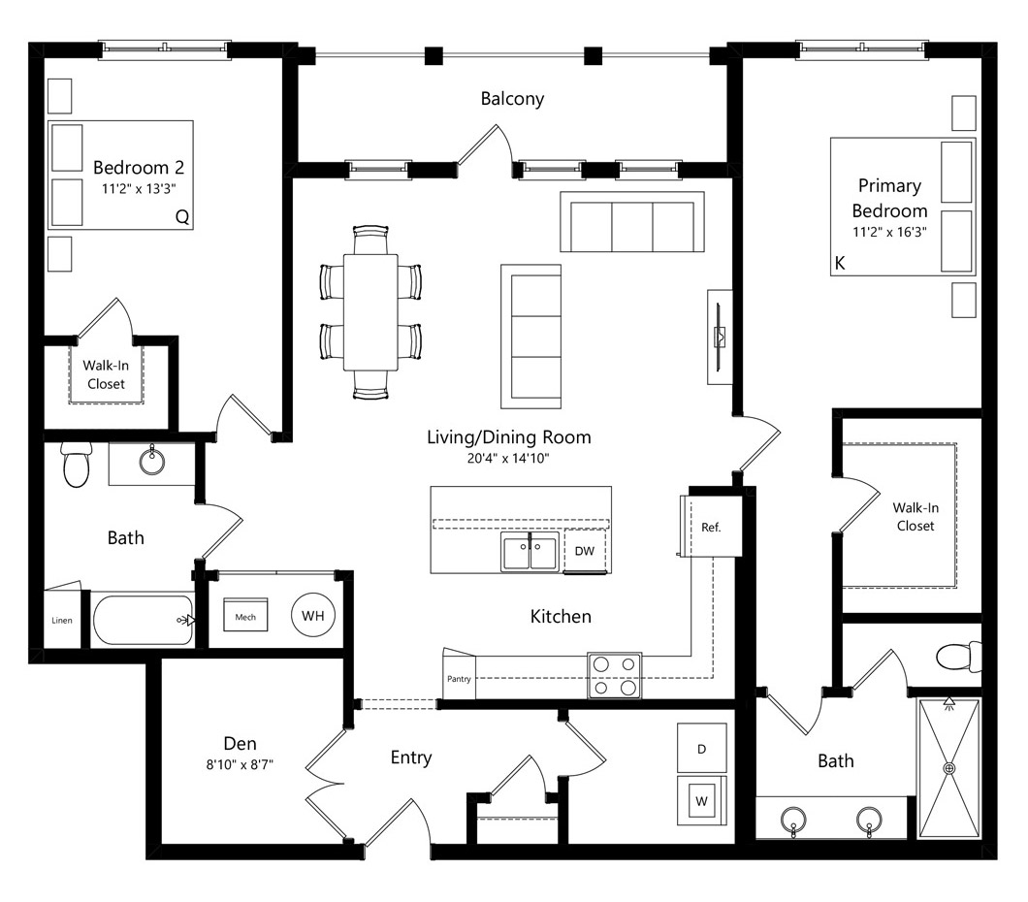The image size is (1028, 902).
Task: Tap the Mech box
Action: click(x=245, y=614)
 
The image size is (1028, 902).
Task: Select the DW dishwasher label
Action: click(x=584, y=551)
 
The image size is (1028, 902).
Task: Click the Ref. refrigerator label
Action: click(x=711, y=527)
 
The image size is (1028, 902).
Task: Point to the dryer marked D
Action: click(x=701, y=748)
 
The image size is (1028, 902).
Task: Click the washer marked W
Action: click(x=701, y=800)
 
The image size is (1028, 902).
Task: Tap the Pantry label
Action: click(x=459, y=679)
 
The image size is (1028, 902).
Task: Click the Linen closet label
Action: click(x=62, y=620)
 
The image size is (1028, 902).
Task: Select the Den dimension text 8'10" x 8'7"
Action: click(x=240, y=764)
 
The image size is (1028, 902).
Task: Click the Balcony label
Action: click(x=512, y=98)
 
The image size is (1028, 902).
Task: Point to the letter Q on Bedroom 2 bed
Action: click(x=182, y=217)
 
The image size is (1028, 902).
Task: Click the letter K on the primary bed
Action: click(x=840, y=263)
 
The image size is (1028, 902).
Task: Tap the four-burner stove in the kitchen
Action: click(x=614, y=676)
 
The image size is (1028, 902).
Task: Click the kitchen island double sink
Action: click(x=530, y=551)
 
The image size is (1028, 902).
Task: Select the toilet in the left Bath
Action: click(x=76, y=464)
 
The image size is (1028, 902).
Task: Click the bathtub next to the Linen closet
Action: click(x=144, y=620)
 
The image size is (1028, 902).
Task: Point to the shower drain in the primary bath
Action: click(x=948, y=768)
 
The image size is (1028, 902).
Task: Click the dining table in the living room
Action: click(x=370, y=312)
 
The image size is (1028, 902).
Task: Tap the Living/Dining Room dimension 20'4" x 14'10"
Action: click(x=508, y=458)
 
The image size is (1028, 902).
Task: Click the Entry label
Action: click(x=411, y=757)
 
